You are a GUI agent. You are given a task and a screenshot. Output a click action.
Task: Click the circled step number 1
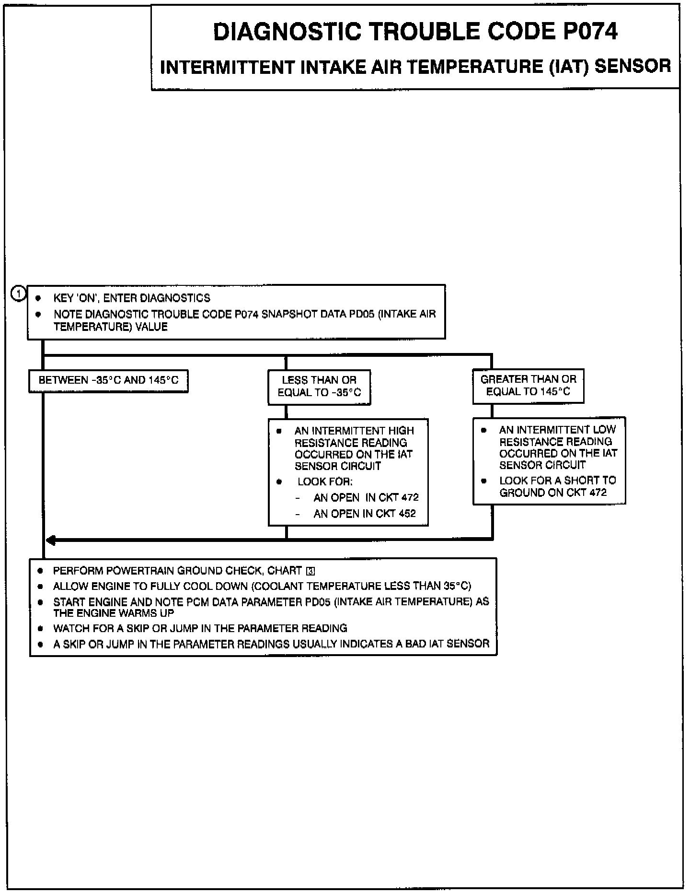(18, 294)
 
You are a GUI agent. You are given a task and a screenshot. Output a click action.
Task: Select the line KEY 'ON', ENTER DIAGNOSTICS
(131, 298)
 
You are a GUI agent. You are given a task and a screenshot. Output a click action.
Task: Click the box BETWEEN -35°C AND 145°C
(108, 381)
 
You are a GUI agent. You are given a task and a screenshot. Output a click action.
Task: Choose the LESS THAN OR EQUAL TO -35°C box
(319, 387)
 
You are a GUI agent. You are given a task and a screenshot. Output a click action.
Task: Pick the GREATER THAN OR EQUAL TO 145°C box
(528, 386)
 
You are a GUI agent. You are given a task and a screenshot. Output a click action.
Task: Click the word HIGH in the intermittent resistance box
(401, 431)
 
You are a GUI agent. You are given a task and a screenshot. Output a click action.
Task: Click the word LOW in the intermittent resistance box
(605, 430)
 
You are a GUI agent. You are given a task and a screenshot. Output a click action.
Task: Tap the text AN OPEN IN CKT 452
(364, 514)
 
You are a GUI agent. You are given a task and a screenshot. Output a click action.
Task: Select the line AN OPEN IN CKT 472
(366, 498)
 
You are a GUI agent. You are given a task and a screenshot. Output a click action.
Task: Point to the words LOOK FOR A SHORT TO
(557, 481)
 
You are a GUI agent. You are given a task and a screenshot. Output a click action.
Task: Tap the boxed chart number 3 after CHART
(310, 571)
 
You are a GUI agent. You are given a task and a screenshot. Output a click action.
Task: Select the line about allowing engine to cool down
(262, 586)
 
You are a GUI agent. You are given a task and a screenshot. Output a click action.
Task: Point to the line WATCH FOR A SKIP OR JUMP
(200, 628)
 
